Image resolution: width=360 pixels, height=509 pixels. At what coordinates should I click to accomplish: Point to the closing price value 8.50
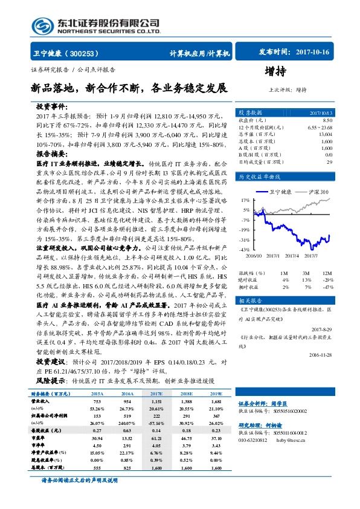tap(327, 120)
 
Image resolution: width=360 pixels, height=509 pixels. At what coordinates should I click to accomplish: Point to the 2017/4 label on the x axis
tap(294, 256)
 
